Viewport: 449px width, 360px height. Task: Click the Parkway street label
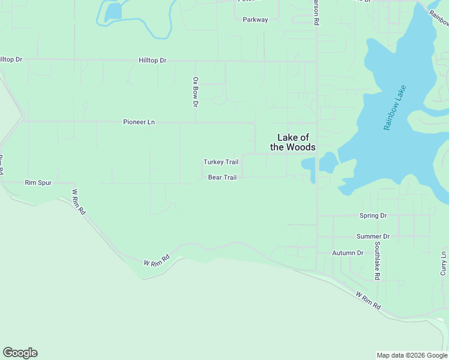tap(255, 20)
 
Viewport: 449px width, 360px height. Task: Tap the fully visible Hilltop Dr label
tap(152, 61)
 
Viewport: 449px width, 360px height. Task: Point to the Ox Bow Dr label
tap(195, 92)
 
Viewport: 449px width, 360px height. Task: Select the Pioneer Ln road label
tap(139, 122)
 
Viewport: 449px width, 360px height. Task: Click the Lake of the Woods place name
tap(293, 142)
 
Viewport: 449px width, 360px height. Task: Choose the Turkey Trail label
tap(221, 162)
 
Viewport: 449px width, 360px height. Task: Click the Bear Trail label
tap(222, 178)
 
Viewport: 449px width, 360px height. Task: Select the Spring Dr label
tap(373, 215)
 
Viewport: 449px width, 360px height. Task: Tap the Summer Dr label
tap(373, 237)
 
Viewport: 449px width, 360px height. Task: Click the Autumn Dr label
tap(348, 253)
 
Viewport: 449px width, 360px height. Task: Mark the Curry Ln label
tap(444, 263)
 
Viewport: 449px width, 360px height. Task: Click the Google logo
tap(20, 353)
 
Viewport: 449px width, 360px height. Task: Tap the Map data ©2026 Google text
tap(412, 355)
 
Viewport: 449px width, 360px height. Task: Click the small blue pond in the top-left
tap(112, 11)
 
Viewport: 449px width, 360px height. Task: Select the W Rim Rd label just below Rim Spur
tap(79, 203)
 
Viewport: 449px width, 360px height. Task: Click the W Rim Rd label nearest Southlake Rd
tap(368, 300)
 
